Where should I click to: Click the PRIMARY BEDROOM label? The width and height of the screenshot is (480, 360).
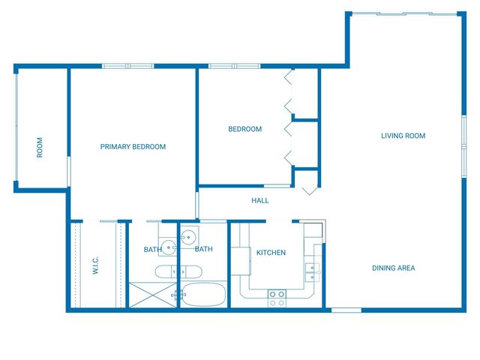(x=133, y=147)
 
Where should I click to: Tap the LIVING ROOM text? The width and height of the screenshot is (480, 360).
(x=403, y=136)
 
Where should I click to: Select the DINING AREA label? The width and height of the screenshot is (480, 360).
(x=393, y=268)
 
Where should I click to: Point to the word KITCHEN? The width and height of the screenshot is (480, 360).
(x=271, y=253)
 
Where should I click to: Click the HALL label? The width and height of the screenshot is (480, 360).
(x=259, y=200)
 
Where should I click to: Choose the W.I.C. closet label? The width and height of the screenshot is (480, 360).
(x=96, y=265)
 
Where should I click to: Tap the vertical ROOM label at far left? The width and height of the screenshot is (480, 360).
(x=40, y=146)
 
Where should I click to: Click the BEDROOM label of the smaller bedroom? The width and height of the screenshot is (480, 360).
(x=244, y=129)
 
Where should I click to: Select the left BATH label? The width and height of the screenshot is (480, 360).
(x=152, y=250)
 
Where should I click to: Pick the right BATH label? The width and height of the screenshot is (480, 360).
(x=203, y=249)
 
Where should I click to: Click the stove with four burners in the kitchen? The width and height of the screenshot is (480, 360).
(x=277, y=298)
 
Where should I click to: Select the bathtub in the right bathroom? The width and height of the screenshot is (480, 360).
(x=203, y=295)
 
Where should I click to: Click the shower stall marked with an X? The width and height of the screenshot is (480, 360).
(x=153, y=295)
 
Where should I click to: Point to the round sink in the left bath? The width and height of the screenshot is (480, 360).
(x=169, y=245)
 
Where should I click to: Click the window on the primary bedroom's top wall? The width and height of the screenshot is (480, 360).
(x=127, y=66)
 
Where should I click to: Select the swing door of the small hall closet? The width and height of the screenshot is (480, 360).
(x=309, y=187)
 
